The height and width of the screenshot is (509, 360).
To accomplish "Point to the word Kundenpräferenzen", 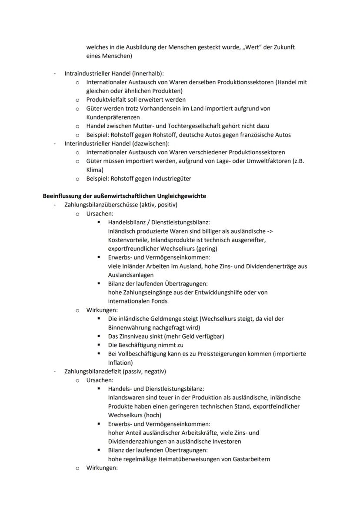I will pos(113,117).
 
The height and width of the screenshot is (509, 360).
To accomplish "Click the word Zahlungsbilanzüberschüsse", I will pos(103,205).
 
